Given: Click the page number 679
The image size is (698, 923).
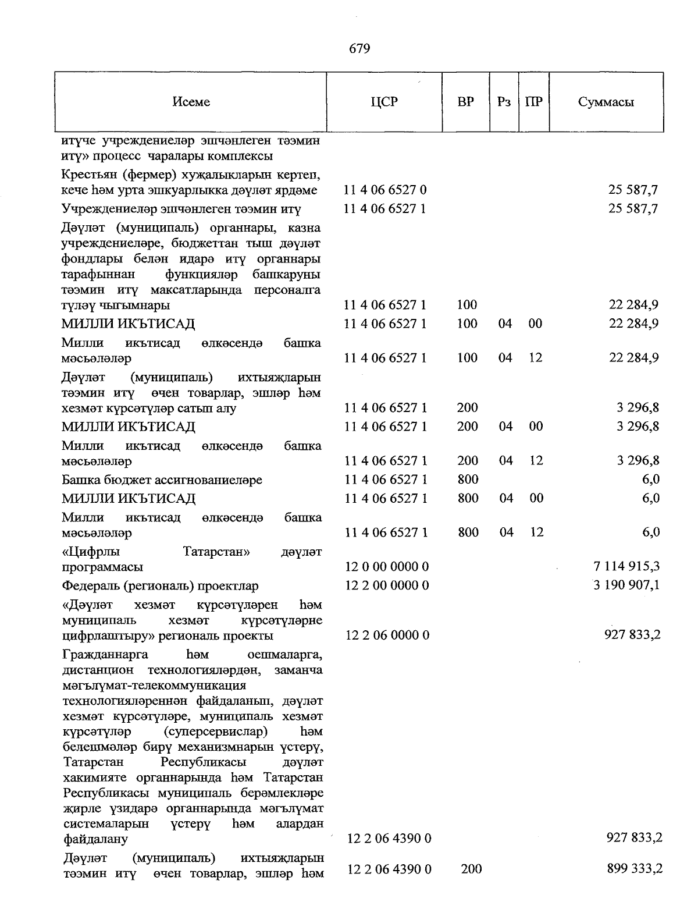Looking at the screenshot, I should click(x=359, y=49).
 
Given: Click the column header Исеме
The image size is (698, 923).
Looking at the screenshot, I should click(x=191, y=102).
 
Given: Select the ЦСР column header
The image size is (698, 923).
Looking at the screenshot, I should click(x=384, y=102).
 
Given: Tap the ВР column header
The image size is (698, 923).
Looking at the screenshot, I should click(x=465, y=102).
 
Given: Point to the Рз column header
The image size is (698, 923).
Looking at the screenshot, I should click(x=504, y=102).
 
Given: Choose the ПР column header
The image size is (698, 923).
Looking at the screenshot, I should click(x=533, y=102).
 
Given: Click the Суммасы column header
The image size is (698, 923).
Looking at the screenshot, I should click(x=606, y=102).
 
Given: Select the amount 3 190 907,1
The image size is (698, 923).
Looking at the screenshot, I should click(x=626, y=585).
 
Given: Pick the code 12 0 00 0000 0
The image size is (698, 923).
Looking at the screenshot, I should click(x=386, y=566).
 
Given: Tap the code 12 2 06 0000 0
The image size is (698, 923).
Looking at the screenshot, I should click(x=387, y=635).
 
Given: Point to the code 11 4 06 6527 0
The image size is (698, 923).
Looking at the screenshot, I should click(x=385, y=190).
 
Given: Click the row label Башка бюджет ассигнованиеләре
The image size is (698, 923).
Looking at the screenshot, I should click(x=162, y=480).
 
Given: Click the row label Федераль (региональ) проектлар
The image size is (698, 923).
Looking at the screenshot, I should click(x=160, y=585).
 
